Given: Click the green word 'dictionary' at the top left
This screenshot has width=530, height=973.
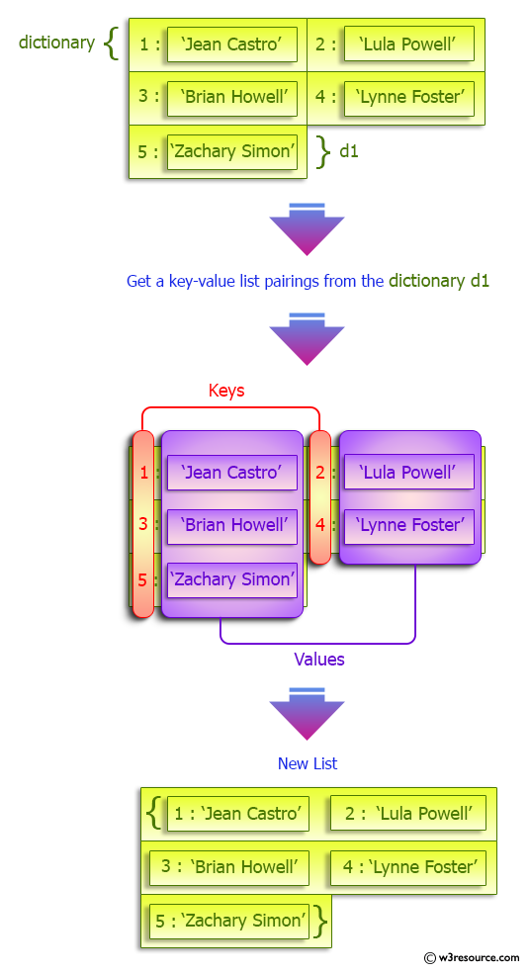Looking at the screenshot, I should point(56,43).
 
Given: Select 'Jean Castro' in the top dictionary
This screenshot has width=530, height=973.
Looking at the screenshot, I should point(232,44).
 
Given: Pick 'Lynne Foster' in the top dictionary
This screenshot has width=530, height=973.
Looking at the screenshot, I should point(409,97).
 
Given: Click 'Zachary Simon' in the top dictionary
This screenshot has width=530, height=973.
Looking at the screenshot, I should point(232,151).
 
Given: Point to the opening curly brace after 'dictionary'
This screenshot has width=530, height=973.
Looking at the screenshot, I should point(112,44).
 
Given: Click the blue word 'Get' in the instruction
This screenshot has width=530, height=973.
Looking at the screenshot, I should point(138,281).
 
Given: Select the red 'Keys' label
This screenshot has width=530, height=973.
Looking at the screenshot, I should point(226,391).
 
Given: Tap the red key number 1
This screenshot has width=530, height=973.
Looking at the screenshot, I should point(143,473).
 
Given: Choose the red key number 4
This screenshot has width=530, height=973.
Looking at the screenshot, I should point(320,525).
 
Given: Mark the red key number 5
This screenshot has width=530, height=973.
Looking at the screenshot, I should point(143,578).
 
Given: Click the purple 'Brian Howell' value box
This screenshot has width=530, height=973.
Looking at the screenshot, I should point(232,525).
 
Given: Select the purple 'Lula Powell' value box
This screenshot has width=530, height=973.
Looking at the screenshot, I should point(409,473).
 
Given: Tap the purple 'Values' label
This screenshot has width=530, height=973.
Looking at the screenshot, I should point(319,659).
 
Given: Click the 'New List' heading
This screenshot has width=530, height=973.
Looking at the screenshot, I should point(308,763).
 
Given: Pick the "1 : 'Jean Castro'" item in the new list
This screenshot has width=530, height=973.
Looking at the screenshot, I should point(237,814).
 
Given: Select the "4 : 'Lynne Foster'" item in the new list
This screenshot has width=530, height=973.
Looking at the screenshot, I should point(408,867).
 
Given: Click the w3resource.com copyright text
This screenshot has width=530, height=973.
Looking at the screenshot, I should point(472,957).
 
